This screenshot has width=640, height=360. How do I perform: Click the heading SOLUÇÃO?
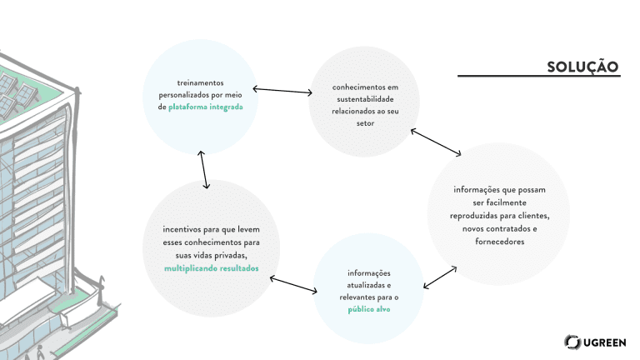tap(582, 66)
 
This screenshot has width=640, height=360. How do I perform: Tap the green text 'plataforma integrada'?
tap(206, 107)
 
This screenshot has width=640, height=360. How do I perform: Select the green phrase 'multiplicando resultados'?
tap(211, 268)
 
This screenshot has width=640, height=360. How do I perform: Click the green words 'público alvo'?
tap(369, 309)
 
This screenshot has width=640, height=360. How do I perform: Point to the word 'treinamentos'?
tap(200, 82)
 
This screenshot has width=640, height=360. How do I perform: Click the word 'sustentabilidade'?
tap(363, 98)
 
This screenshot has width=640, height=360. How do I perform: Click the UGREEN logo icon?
tap(572, 342)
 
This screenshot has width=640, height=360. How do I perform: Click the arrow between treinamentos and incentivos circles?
tap(205, 169)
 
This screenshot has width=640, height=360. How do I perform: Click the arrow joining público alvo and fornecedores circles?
tap(439, 277)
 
